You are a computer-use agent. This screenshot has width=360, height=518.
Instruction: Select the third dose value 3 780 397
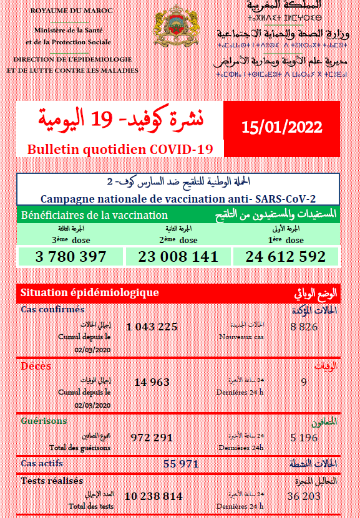pos(71,256)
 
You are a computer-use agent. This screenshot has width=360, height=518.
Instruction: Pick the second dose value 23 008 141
pos(178,256)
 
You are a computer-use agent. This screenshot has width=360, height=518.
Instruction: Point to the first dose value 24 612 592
pos(286,256)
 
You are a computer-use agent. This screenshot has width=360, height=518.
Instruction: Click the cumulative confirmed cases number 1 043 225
pos(152,327)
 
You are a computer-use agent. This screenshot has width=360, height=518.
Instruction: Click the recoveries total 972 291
pos(152,438)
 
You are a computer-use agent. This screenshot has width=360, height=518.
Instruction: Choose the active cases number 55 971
pos(180,464)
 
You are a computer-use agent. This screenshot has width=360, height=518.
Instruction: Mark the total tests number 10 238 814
pos(153,496)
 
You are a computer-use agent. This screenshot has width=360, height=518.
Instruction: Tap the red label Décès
pos(36,366)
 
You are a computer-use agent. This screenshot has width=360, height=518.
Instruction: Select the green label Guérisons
pos(44,421)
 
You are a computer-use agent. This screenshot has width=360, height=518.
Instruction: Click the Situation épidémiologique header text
pos(89,292)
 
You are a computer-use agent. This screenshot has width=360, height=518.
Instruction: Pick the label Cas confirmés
pos(52,310)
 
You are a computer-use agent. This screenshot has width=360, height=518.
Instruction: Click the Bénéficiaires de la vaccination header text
pos(94,215)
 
